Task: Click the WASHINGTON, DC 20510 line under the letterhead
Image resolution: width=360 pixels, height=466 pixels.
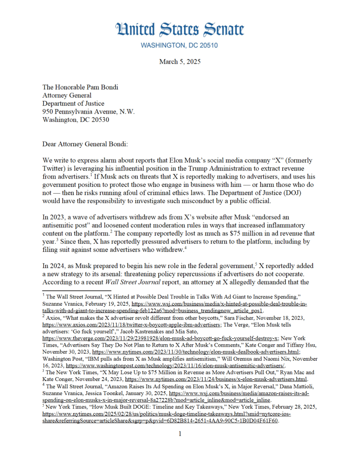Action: [x=179, y=46]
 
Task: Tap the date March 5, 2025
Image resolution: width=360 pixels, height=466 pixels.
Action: [x=179, y=62]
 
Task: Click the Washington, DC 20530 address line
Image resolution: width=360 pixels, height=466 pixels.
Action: [x=75, y=119]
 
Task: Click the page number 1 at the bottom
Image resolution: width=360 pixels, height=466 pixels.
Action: [x=179, y=433]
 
